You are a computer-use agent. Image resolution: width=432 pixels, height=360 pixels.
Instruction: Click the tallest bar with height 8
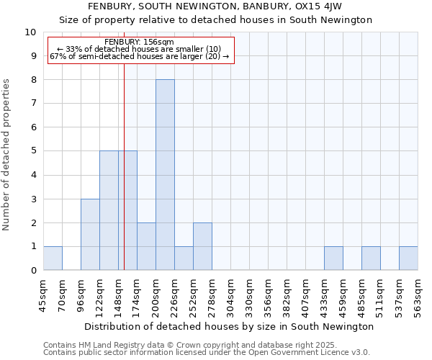pyautogui.click(x=165, y=175)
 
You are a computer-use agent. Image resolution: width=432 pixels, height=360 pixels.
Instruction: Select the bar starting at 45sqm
pyautogui.click(x=53, y=258)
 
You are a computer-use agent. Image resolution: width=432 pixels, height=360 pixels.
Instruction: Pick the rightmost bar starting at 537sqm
pyautogui.click(x=408, y=258)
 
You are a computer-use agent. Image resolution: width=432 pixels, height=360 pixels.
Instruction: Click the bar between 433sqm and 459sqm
pyautogui.click(x=333, y=258)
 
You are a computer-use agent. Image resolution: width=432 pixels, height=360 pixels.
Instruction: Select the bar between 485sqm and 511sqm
pyautogui.click(x=371, y=258)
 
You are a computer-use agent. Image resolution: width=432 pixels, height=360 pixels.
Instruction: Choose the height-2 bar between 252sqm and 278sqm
pyautogui.click(x=202, y=247)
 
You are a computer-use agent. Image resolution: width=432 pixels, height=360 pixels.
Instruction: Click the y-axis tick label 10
pyautogui.click(x=30, y=32)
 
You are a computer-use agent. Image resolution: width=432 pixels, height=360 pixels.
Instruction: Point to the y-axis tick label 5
pyautogui.click(x=33, y=151)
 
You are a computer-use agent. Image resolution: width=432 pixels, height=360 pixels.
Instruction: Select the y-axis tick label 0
pyautogui.click(x=33, y=271)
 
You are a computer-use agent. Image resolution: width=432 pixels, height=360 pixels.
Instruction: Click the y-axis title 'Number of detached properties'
pyautogui.click(x=7, y=156)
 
